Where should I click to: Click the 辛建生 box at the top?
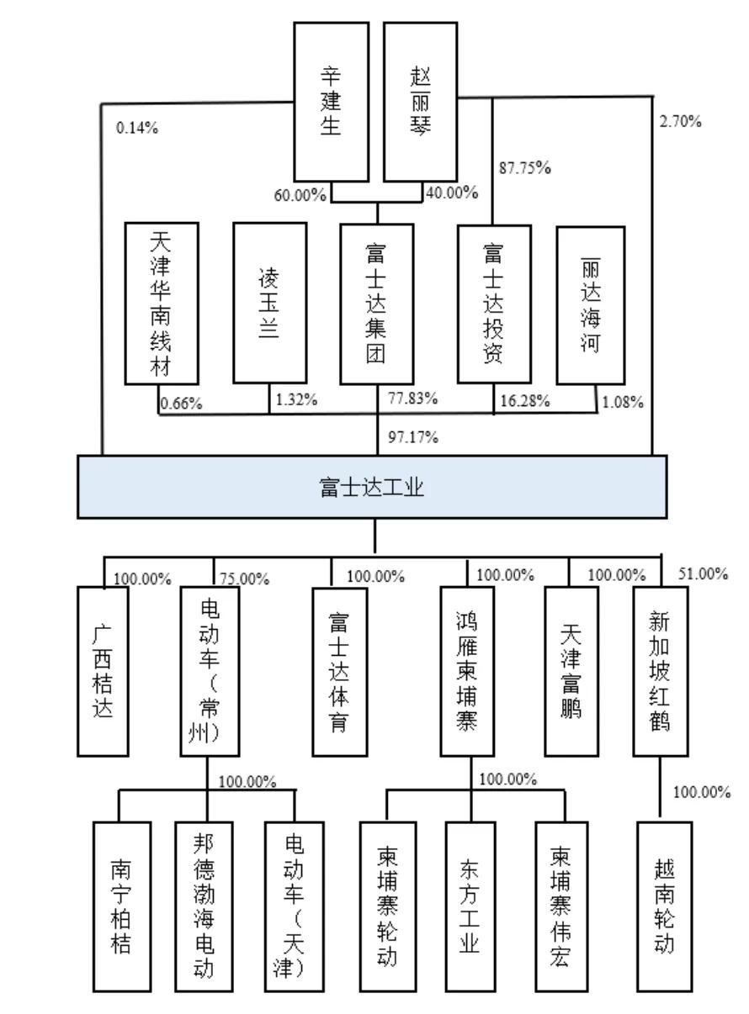click(x=331, y=102)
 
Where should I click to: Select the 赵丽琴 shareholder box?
click(x=420, y=102)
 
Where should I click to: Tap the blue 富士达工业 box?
click(x=371, y=487)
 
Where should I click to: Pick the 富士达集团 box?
click(x=376, y=304)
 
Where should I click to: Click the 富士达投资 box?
click(x=494, y=304)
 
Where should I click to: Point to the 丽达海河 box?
click(x=590, y=305)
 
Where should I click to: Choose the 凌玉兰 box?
click(x=269, y=303)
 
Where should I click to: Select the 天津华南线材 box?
click(x=162, y=303)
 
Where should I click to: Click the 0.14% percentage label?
click(x=137, y=128)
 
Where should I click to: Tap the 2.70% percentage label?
click(x=680, y=121)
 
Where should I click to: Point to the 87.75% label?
click(x=524, y=168)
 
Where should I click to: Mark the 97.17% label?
click(x=413, y=437)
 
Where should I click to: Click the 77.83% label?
click(x=412, y=399)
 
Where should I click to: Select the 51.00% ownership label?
click(x=703, y=573)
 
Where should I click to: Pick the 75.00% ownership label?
click(x=244, y=578)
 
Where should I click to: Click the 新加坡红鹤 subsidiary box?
click(x=661, y=671)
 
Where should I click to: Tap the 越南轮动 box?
click(x=664, y=906)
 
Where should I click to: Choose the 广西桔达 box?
click(x=103, y=671)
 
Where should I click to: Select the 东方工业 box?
click(x=470, y=906)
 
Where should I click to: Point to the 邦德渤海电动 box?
click(x=204, y=906)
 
